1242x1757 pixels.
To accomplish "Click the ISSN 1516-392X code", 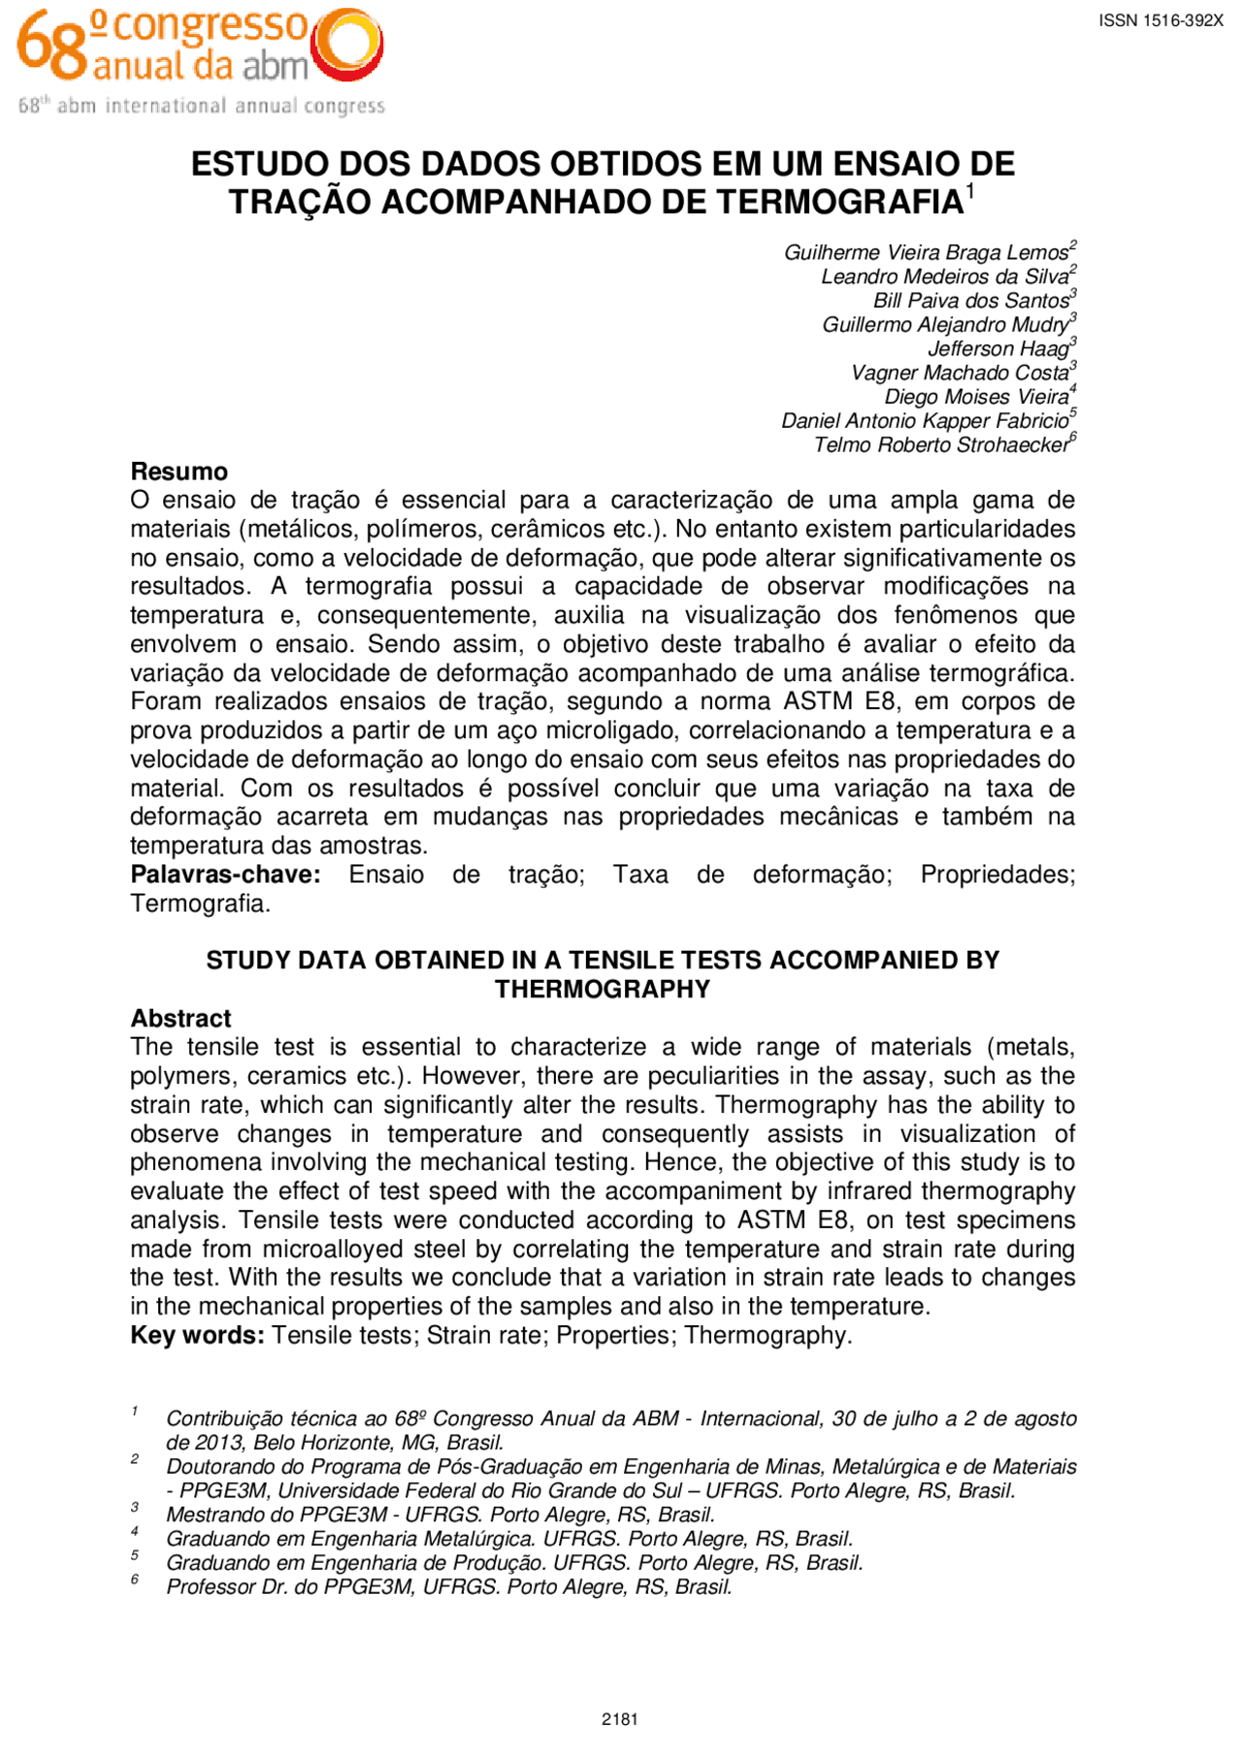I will click(x=1160, y=20).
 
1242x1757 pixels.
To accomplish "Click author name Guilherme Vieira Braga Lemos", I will click(x=927, y=252).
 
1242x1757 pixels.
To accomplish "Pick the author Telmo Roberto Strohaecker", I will click(x=941, y=445).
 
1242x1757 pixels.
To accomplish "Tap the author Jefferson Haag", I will click(x=998, y=349).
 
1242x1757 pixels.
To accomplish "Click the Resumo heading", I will click(x=180, y=472).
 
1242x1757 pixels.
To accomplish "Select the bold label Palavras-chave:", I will click(x=225, y=874).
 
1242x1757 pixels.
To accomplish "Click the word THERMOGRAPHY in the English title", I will click(x=603, y=990).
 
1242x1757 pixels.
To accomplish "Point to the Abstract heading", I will click(x=181, y=1019).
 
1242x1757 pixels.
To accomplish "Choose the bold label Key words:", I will click(x=197, y=1336).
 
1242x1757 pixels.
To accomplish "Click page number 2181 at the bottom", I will click(x=620, y=1719).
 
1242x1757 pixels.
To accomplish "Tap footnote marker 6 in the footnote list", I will click(x=135, y=1579).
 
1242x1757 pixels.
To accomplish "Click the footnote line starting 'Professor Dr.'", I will click(x=448, y=1587).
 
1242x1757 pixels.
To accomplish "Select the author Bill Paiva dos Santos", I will click(x=971, y=301).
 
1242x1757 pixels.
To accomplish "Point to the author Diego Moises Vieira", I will click(x=976, y=397).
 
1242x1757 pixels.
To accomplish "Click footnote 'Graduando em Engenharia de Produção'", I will click(x=514, y=1563).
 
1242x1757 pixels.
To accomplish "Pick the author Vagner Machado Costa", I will click(x=961, y=374).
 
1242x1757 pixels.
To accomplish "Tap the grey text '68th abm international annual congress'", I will click(x=202, y=106).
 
